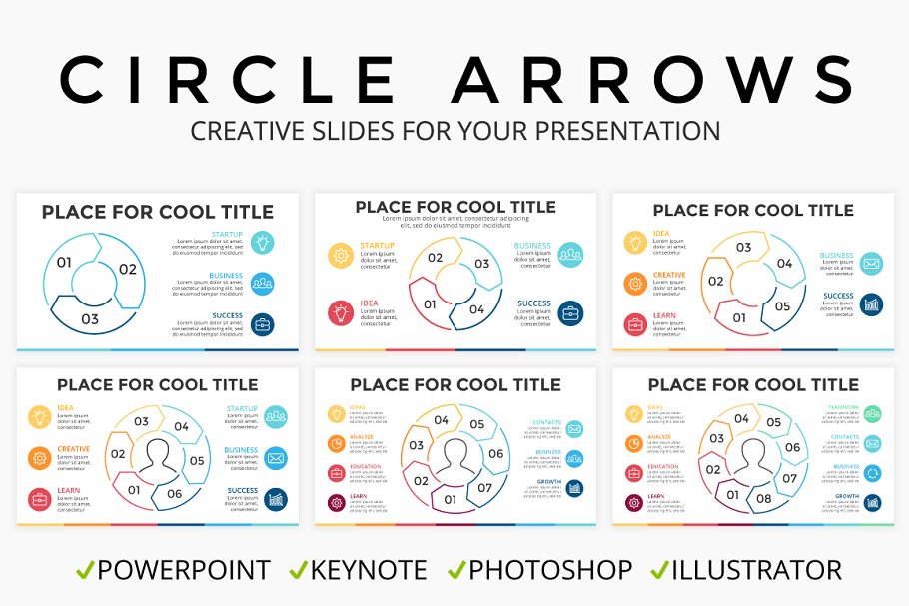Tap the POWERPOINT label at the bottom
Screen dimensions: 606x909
[x=183, y=570]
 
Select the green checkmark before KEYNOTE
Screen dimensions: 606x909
[x=298, y=570]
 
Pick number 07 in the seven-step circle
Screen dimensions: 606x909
[x=485, y=488]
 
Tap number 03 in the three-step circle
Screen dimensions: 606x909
[x=90, y=319]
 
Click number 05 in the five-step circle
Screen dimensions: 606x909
[x=782, y=306]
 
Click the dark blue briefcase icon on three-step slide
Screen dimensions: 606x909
[x=263, y=324]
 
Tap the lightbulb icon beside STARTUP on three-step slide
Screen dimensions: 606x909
[x=263, y=242]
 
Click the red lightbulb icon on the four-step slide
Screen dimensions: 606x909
[x=340, y=312]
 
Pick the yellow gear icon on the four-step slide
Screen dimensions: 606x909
[x=340, y=256]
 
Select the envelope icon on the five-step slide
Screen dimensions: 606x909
[x=870, y=265]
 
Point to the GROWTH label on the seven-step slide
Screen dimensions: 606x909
[x=548, y=482]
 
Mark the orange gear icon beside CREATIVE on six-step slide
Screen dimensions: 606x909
[x=40, y=458]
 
